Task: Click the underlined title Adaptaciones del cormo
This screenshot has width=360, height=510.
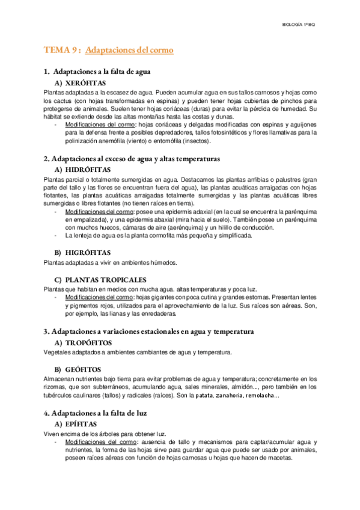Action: [x=129, y=51]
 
